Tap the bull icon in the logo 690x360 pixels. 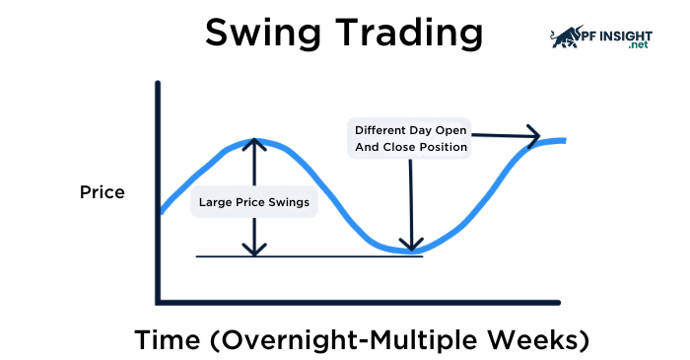565,37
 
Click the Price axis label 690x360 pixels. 103,192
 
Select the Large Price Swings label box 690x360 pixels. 254,202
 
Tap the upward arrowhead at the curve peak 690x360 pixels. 255,142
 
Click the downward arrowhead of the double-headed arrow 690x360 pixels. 255,251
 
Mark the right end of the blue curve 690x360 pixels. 566,141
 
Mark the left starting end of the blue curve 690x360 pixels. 161,211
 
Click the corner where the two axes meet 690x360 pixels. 158,301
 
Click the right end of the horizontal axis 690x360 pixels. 559,301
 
